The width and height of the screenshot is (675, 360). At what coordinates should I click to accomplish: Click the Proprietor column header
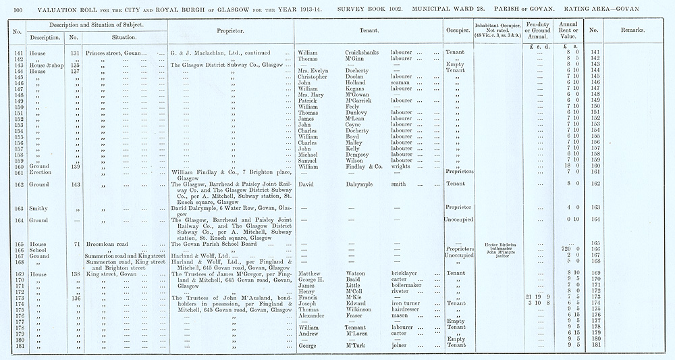point(230,30)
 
